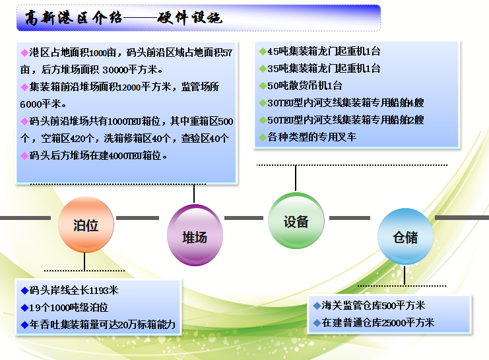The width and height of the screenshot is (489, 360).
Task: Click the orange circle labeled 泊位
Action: point(86,224)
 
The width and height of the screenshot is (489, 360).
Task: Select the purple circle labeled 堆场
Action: point(195,235)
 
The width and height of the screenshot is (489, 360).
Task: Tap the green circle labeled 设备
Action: point(296,221)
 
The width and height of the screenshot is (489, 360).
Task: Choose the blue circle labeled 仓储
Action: point(405,236)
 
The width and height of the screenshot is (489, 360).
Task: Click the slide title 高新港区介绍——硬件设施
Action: point(123,18)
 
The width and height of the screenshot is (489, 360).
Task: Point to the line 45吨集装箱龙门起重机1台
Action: point(324,52)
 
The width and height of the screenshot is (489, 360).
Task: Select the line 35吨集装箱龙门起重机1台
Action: point(324,69)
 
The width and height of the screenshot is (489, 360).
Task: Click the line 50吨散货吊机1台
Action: point(305,86)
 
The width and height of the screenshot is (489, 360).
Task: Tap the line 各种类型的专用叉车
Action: point(312,137)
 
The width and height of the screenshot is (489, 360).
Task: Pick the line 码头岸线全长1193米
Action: point(74,291)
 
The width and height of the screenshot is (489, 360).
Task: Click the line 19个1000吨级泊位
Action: point(69,308)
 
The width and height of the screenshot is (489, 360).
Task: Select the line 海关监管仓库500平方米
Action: point(374,305)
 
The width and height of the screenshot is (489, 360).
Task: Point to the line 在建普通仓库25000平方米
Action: point(378,322)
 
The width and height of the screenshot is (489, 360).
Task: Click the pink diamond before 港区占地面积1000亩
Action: point(24,52)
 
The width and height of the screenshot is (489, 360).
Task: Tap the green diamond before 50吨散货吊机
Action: point(263,86)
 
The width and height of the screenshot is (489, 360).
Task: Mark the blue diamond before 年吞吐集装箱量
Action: point(24,325)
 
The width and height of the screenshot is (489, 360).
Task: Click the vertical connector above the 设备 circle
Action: point(296,178)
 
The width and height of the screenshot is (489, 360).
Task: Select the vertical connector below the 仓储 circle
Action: point(405,275)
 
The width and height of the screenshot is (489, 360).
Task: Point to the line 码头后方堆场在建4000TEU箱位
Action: point(98,155)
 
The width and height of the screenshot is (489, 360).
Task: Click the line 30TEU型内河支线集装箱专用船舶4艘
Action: point(346,103)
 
